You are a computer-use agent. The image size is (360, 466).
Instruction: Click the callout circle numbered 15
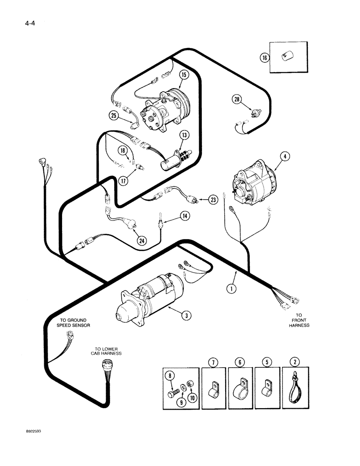182,75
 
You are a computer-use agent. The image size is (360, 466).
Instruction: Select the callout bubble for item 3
186,316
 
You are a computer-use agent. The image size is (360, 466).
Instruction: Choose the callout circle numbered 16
264,58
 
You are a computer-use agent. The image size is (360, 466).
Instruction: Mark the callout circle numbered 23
213,200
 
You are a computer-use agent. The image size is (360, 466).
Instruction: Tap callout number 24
141,240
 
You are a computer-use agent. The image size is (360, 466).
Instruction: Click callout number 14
185,216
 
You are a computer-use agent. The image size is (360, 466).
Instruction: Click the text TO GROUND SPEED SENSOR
75,322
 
